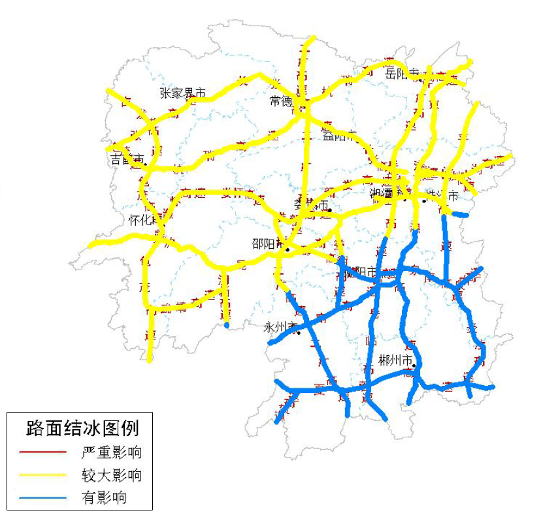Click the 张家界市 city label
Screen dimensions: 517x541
coord(182,93)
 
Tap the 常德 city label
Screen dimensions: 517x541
coord(281,101)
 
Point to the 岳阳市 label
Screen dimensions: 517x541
coord(402,73)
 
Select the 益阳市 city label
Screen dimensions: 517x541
coord(338,136)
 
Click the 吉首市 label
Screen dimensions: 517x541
coord(127,159)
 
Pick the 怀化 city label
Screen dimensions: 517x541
coord(140,220)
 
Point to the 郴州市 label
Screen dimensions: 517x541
coord(396,360)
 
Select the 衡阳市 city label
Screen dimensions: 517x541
coord(360,272)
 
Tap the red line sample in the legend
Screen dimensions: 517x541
coord(43,452)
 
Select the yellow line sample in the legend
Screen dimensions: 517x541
coord(43,475)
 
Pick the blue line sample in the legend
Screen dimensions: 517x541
coord(43,497)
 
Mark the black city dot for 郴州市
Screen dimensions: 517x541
coord(414,367)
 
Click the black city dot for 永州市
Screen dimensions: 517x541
coord(298,334)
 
